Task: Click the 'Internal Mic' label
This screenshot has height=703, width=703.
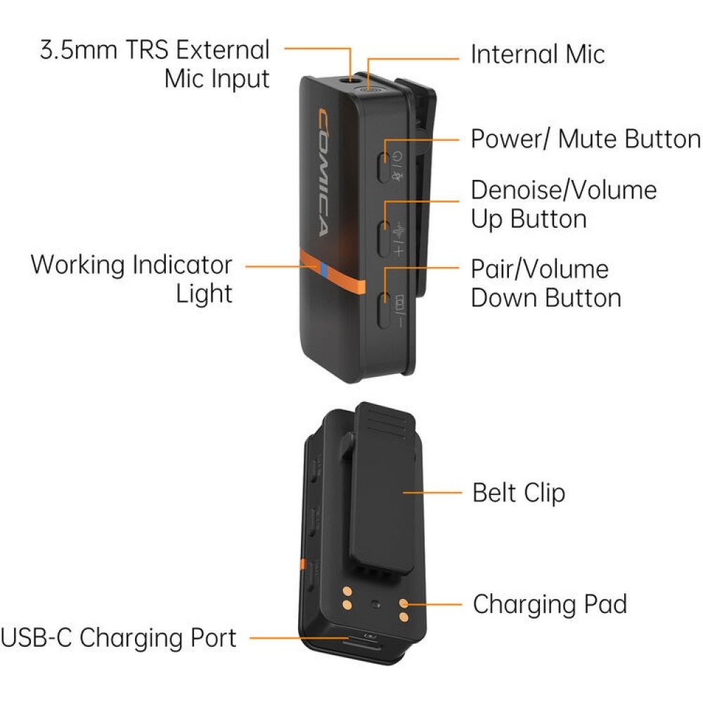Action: click(x=537, y=54)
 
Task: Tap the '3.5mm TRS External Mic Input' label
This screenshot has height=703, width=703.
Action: click(x=155, y=64)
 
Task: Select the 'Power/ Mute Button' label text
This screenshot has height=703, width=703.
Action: click(x=585, y=138)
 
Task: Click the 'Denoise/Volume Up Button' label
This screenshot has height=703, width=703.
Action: click(x=563, y=204)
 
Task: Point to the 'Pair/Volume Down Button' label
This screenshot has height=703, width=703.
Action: click(x=546, y=283)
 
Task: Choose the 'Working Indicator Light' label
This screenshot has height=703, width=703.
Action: click(x=131, y=278)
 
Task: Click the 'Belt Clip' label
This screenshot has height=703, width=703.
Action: click(x=519, y=492)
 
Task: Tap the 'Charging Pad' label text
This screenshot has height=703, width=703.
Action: click(x=549, y=604)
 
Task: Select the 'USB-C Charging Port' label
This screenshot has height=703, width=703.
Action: click(x=118, y=638)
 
